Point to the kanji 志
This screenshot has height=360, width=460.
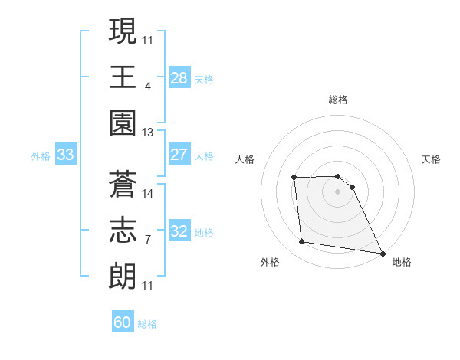click(x=123, y=229)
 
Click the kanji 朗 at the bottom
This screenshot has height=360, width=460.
click(x=123, y=274)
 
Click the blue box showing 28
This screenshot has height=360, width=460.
click(x=179, y=77)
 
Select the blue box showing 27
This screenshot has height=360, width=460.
click(x=179, y=155)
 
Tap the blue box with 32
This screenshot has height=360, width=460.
click(x=179, y=231)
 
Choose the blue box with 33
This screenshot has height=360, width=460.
click(x=65, y=155)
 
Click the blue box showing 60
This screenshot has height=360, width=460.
click(x=122, y=322)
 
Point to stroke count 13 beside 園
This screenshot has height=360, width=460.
click(x=147, y=133)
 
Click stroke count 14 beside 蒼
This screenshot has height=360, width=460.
click(x=148, y=194)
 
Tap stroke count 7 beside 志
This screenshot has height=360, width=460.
click(x=147, y=240)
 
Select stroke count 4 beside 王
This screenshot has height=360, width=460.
click(x=147, y=87)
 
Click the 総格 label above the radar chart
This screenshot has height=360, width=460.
click(x=338, y=100)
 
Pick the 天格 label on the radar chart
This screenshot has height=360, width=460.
click(x=432, y=159)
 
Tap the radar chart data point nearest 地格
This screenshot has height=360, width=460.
click(x=382, y=253)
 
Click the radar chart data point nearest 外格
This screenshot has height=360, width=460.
click(x=302, y=242)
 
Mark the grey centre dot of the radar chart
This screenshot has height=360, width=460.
click(x=337, y=191)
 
